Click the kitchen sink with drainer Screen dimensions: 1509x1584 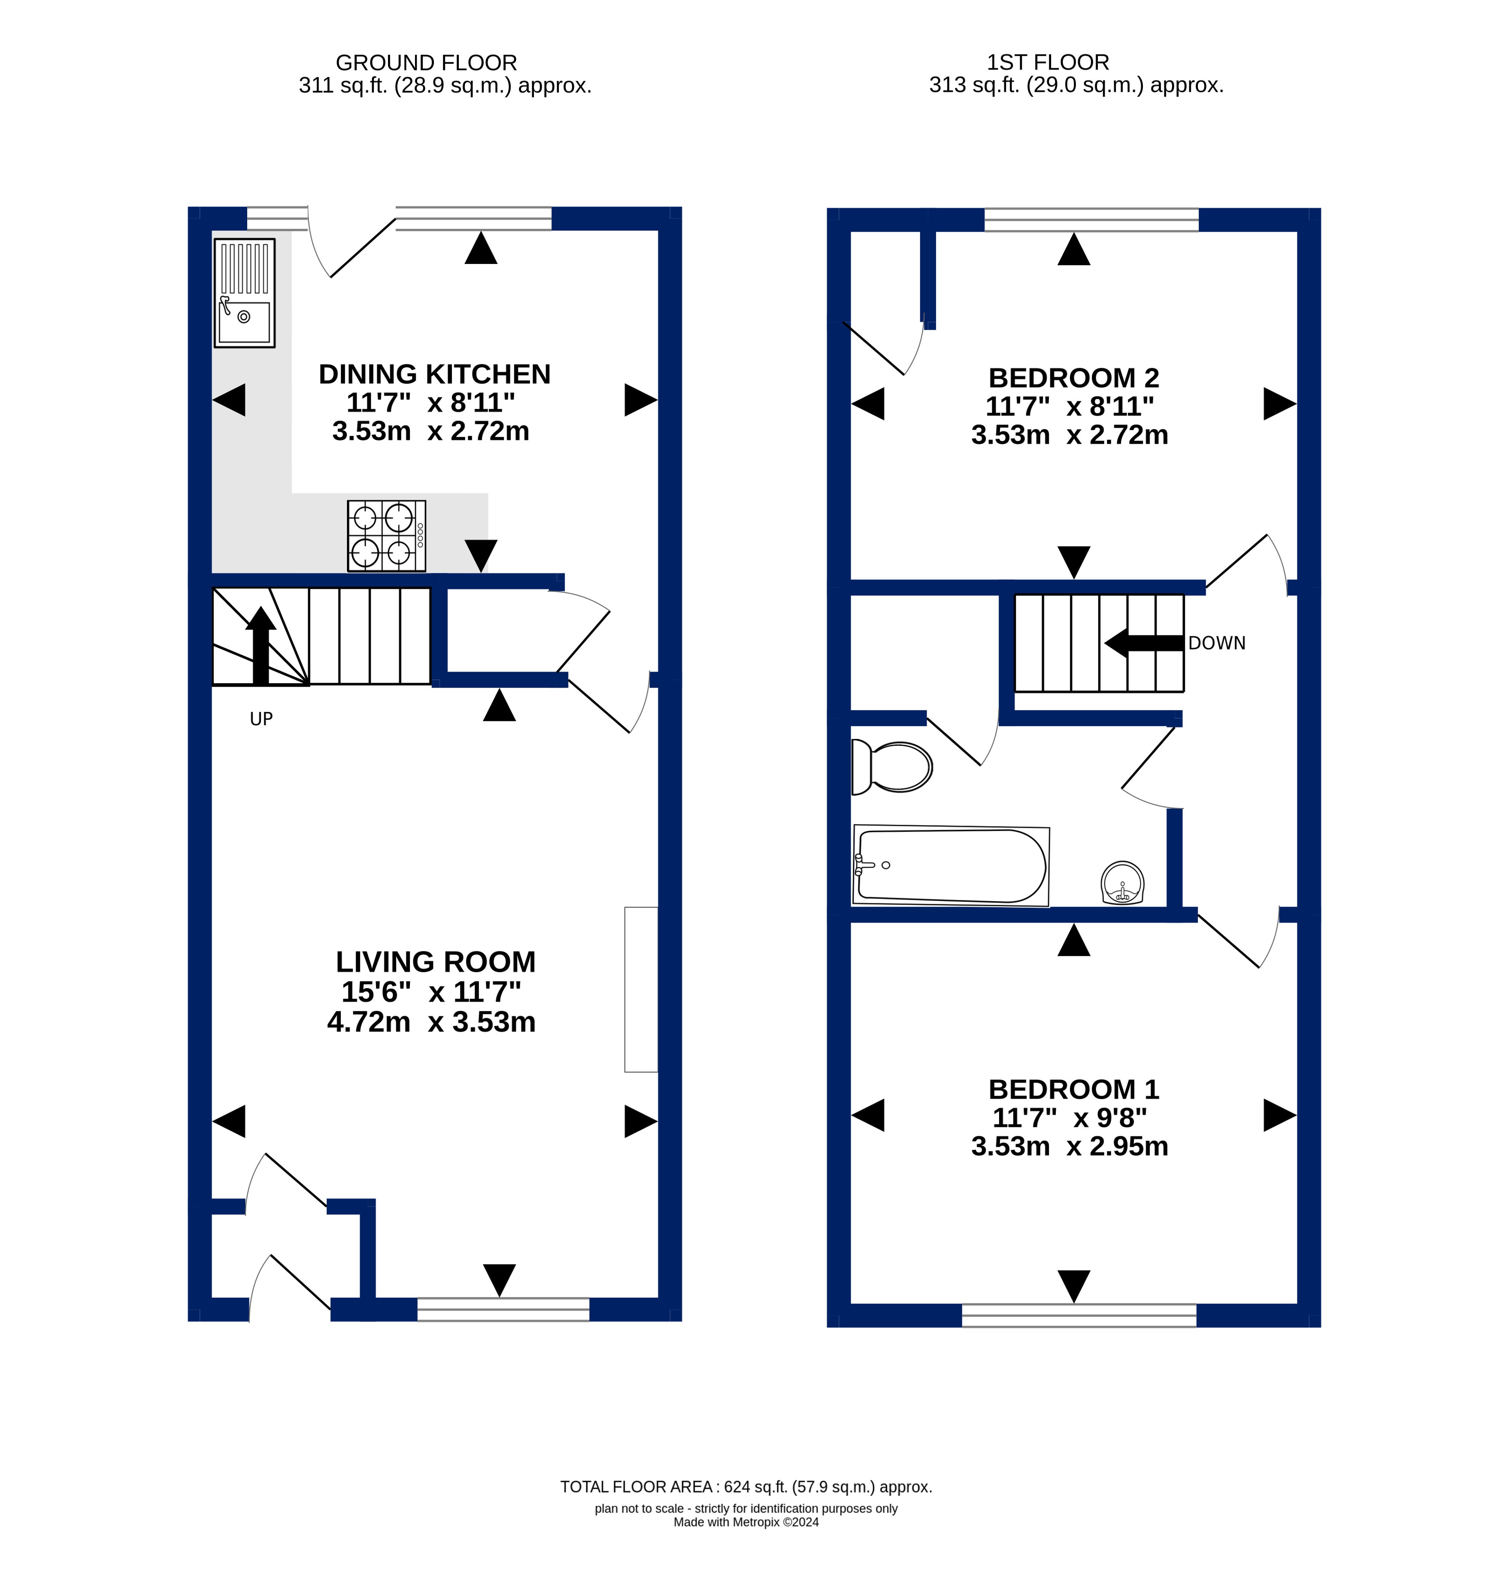pos(245,293)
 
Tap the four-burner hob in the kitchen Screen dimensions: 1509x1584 pos(387,536)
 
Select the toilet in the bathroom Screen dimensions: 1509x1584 pos(892,766)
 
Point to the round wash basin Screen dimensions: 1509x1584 pos(1122,882)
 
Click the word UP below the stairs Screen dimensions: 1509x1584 pos(261,719)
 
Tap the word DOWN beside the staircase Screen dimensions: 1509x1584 pos(1217,644)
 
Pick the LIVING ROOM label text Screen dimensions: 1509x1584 pos(435,962)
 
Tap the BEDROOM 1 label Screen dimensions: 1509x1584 pos(1074,1089)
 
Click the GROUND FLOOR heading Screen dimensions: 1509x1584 pos(426,63)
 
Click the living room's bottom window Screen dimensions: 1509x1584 pos(503,1309)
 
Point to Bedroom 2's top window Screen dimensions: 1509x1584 pos(1091,220)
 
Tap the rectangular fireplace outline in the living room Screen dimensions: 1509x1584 pos(641,990)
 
